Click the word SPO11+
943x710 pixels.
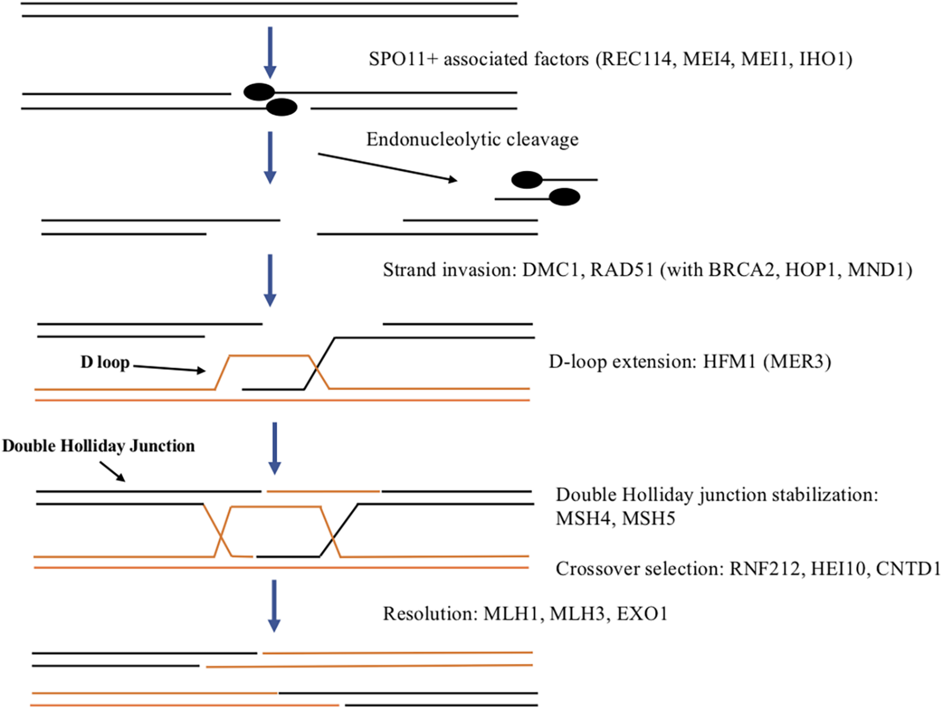(x=403, y=59)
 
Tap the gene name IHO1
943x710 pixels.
(x=822, y=59)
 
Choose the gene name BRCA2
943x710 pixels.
(x=741, y=270)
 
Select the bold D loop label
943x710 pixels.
(x=105, y=363)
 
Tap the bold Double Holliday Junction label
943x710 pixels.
(x=98, y=446)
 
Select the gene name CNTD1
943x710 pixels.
(x=908, y=569)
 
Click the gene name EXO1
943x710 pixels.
(x=642, y=614)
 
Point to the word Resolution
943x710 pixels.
(x=428, y=614)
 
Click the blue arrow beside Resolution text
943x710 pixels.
(x=274, y=605)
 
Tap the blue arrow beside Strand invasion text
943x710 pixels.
(x=270, y=280)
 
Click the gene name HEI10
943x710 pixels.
(x=839, y=569)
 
